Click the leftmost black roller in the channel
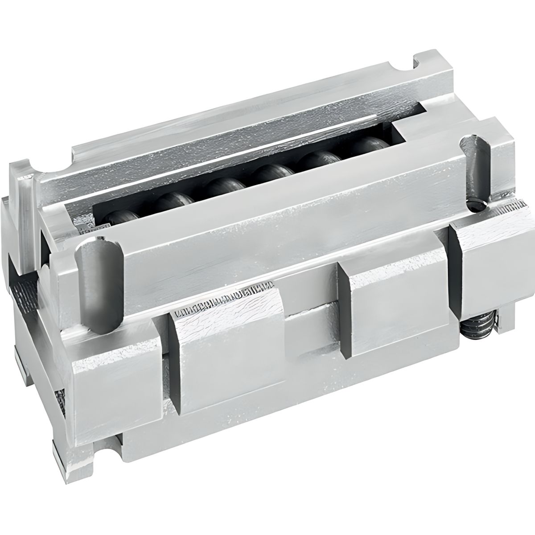point(123,218)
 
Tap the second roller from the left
point(172,203)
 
